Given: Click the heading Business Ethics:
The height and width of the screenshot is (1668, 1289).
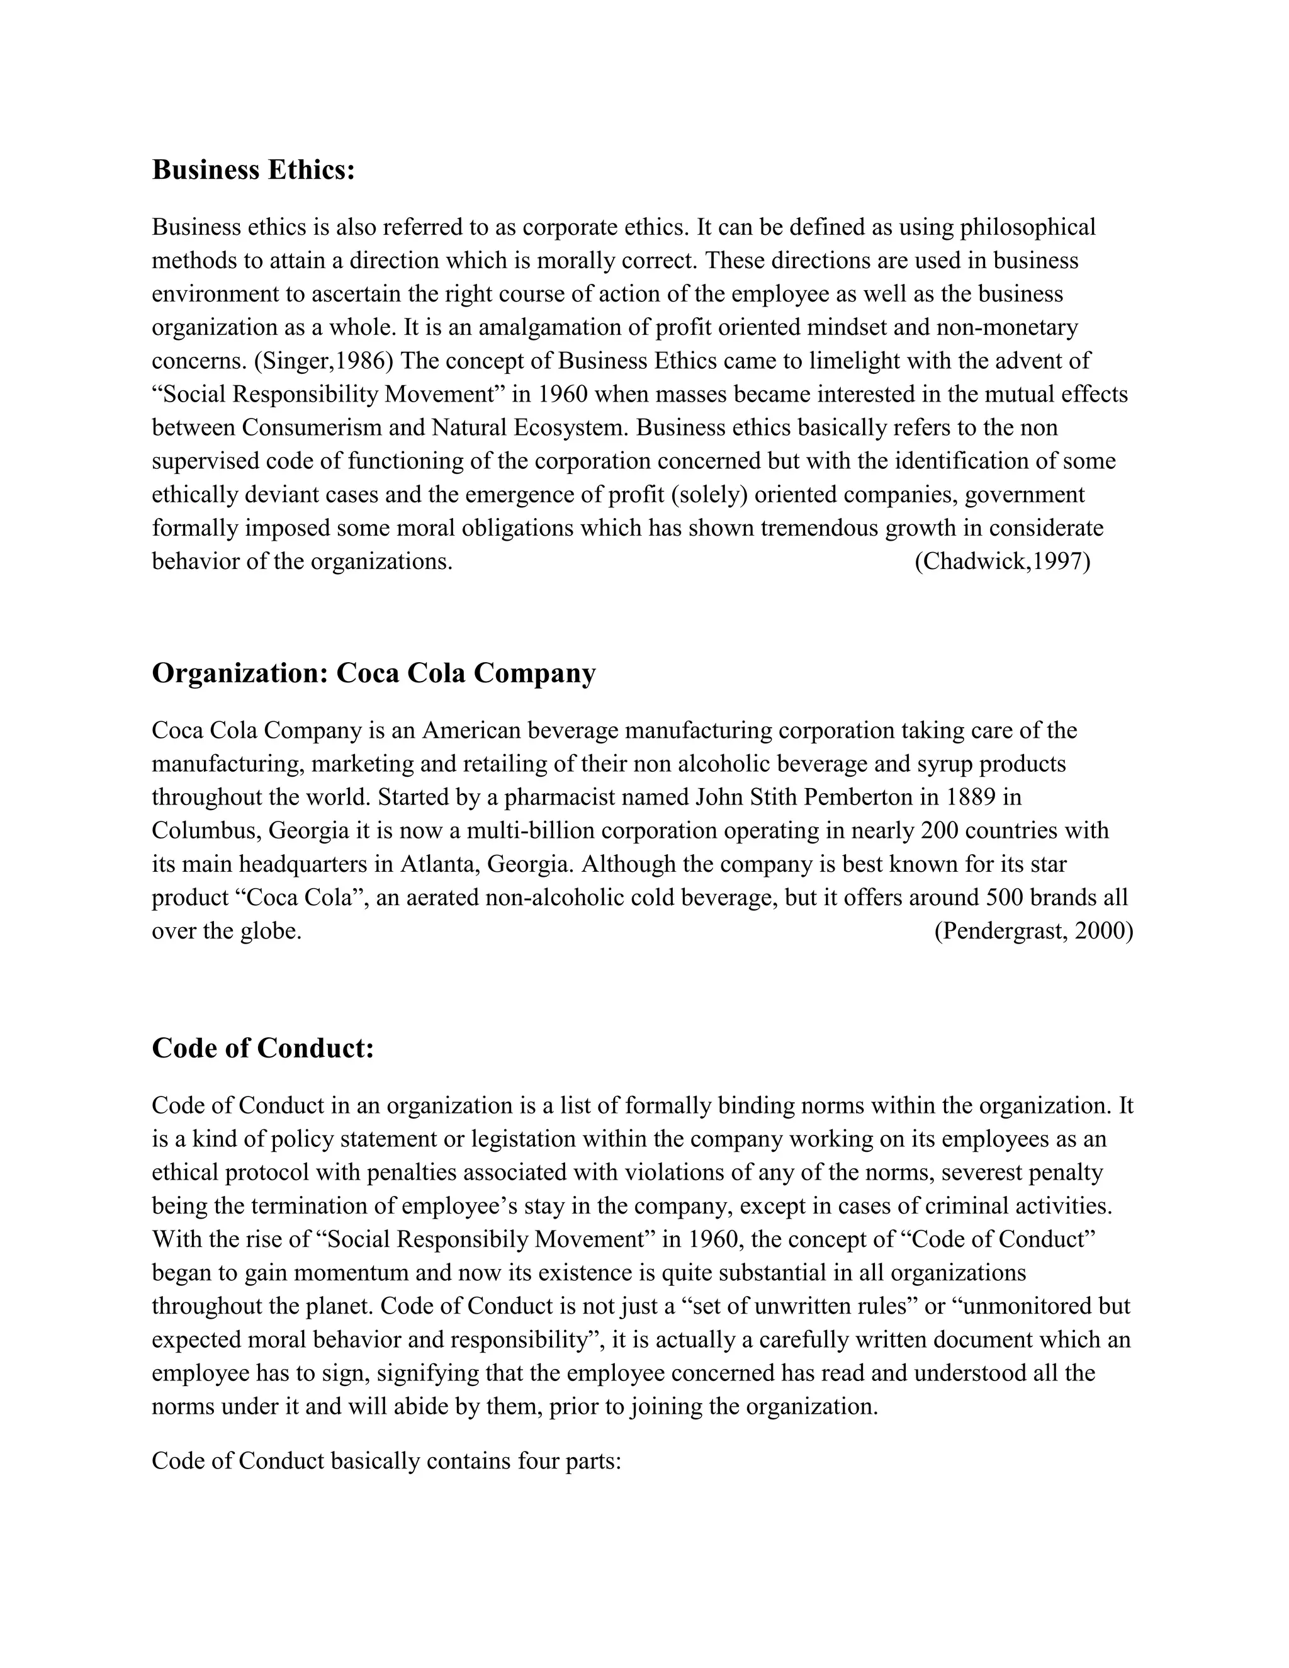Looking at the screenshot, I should click(x=254, y=169).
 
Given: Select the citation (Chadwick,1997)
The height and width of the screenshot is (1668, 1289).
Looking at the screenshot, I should click(x=1002, y=561).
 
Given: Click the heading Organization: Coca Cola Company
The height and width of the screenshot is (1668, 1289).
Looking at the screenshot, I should click(x=373, y=673).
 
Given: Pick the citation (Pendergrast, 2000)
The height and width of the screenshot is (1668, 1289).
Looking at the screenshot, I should click(x=1033, y=931).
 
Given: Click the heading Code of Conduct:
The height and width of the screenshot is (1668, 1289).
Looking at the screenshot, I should click(x=262, y=1048).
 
